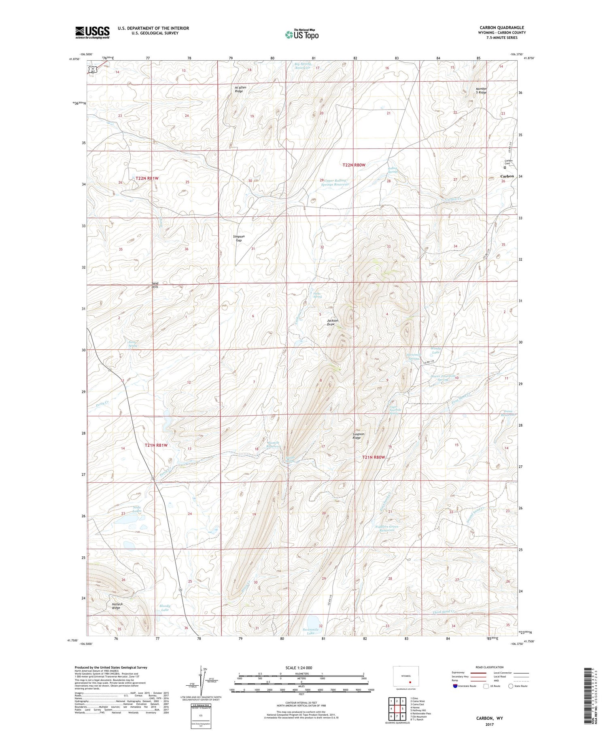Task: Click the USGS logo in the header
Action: (92, 32)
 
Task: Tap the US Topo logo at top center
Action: (301, 34)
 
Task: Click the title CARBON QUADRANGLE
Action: (502, 27)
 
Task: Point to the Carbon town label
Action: (507, 176)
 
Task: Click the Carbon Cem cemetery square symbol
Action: (505, 167)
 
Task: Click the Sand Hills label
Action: (155, 285)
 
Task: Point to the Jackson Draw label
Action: (332, 322)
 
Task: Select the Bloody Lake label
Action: (165, 608)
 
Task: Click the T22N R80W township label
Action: (354, 165)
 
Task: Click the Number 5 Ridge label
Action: (481, 90)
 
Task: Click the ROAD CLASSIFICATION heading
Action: (490, 667)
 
